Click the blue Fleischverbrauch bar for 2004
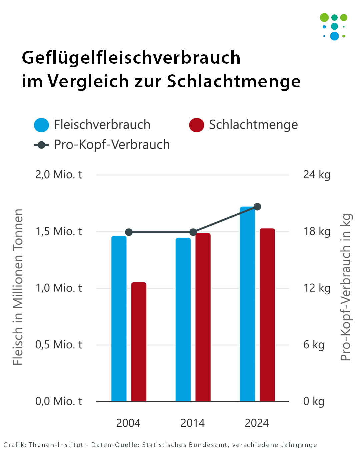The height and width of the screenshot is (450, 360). coord(119,318)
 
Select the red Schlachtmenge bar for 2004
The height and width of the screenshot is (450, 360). coord(139,342)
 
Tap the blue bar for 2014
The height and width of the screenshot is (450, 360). coord(183,319)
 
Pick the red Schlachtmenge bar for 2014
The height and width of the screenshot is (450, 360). coord(203,317)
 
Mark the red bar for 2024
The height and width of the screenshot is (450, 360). coord(267,315)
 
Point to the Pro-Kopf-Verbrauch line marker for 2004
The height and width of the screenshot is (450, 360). coord(129,232)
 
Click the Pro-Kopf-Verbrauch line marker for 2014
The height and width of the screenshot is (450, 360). coord(193,232)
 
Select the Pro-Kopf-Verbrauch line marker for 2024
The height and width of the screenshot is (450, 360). coord(257,207)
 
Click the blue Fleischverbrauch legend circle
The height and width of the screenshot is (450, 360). coord(42,125)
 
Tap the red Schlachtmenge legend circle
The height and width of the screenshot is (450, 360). coord(197,125)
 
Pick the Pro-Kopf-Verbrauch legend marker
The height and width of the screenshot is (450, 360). coord(42,145)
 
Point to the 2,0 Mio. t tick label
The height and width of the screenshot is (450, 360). coord(59,175)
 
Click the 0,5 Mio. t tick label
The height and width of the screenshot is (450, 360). coord(59,345)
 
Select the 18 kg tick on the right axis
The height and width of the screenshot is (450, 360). coord(317,231)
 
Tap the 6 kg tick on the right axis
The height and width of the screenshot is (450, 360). coord(314,345)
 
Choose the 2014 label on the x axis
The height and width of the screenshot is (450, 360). coord(193,423)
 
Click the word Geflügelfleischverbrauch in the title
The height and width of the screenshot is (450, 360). coord(131,57)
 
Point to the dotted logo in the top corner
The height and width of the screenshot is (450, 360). coord(334,27)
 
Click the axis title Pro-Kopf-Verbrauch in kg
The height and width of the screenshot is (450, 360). coord(346,287)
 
